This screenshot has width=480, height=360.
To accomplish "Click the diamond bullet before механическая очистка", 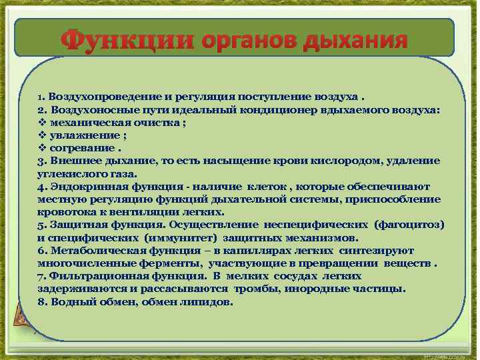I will pos(42,122).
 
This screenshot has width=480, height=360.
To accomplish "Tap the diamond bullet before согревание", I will pos(42,147).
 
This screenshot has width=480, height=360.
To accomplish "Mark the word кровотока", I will pos(63,212).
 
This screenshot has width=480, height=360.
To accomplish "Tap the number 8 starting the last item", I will pos(41,301).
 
